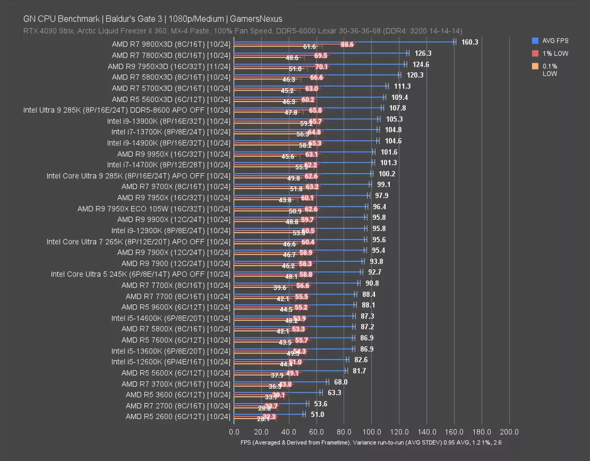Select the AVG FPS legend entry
pos(555,40)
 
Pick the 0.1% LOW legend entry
pos(550,70)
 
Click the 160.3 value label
pos(469,42)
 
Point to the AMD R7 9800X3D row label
pos(171,44)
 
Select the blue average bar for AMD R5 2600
pos(268,414)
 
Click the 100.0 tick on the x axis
pos(372,432)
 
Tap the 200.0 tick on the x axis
pos(509,432)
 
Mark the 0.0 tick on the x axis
pos(234,432)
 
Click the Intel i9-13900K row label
pos(168,121)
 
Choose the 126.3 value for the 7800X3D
pos(423,53)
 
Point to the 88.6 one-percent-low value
pos(347,45)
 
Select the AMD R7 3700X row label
pos(176,384)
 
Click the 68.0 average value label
pos(341,382)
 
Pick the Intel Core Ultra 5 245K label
pos(140,274)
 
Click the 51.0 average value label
pos(317,414)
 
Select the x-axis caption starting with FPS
pos(370,443)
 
